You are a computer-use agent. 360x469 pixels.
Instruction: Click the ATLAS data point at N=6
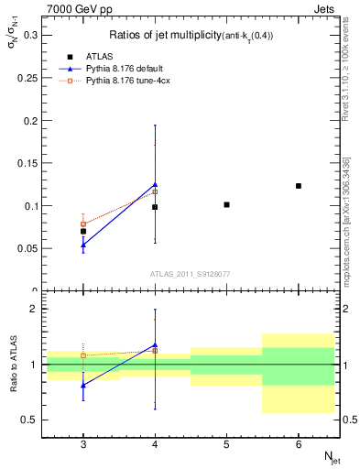click(x=299, y=186)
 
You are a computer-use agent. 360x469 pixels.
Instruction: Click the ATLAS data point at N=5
click(x=226, y=204)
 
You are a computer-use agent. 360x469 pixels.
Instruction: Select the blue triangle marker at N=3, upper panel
click(x=83, y=245)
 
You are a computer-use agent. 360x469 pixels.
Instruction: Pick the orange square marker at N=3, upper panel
click(x=83, y=224)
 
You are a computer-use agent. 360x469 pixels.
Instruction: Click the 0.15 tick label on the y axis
click(x=32, y=163)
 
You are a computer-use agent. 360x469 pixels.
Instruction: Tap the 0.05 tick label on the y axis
click(x=32, y=248)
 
